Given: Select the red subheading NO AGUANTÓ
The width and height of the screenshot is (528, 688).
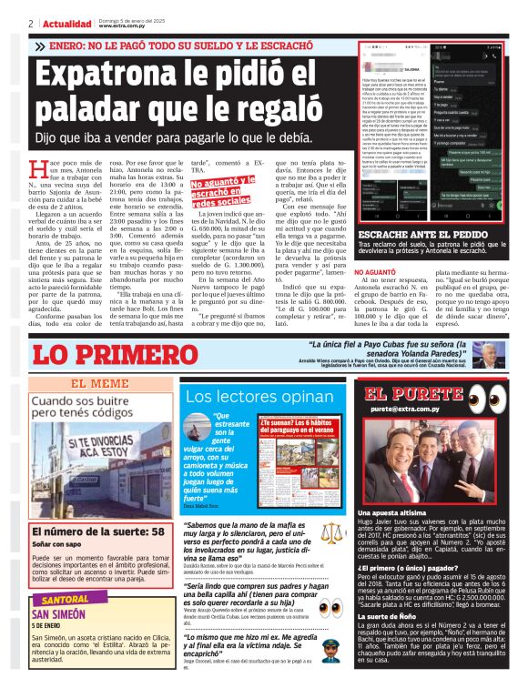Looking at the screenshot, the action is point(381,271).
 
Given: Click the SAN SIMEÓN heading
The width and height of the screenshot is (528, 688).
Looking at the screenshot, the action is point(59,616).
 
